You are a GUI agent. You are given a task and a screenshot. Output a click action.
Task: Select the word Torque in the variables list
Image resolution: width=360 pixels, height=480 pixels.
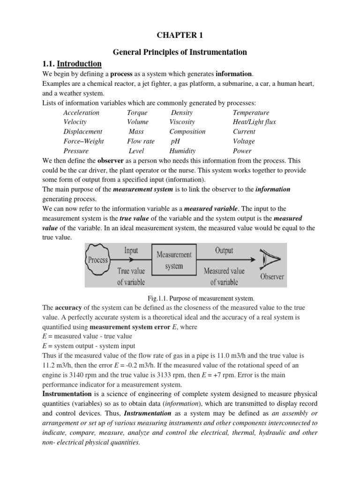click(137, 112)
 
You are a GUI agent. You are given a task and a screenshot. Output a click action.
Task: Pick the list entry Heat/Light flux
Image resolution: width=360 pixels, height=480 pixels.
click(254, 122)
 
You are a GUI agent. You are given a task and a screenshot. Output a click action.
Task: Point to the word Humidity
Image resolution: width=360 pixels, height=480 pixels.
click(182, 151)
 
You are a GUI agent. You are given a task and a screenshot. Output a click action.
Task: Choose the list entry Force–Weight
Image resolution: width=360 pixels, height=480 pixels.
click(83, 141)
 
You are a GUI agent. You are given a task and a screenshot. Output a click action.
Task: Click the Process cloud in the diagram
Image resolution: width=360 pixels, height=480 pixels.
click(98, 260)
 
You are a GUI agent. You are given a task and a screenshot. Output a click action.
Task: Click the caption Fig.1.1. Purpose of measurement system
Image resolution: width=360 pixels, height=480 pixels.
click(200, 298)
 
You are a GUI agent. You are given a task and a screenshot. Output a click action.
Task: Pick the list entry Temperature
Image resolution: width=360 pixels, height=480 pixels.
click(251, 112)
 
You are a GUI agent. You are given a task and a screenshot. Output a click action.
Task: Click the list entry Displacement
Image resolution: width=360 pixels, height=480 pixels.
click(82, 132)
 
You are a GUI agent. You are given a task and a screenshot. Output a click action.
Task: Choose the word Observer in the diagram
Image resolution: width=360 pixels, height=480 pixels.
click(272, 277)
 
